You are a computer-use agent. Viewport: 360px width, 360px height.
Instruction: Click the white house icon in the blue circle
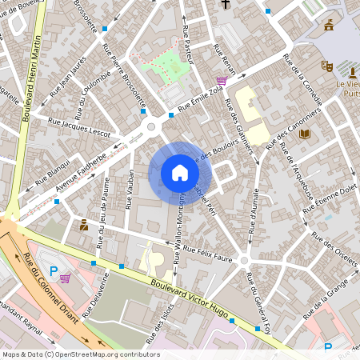click(x=180, y=172)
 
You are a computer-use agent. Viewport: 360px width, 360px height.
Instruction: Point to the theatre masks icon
click(x=326, y=66)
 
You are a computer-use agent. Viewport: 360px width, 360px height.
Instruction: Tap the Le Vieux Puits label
click(x=347, y=87)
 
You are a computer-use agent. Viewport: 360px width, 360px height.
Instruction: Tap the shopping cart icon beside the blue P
click(x=65, y=278)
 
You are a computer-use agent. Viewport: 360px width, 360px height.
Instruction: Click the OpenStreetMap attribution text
click(x=80, y=354)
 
